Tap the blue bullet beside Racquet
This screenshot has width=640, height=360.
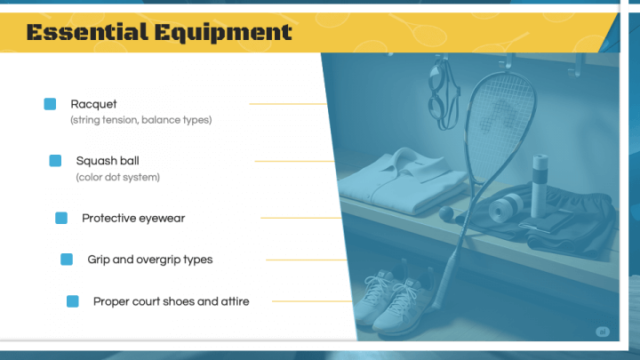50,104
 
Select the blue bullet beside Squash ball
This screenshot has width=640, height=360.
55,161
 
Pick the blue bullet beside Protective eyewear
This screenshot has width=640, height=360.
61,218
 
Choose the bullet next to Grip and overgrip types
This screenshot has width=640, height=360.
67,260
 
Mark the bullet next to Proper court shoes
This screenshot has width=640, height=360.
73,301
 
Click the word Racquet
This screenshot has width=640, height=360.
93,104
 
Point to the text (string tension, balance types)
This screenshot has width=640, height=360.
140,119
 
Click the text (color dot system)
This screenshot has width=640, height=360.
117,177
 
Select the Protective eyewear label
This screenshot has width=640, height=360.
133,218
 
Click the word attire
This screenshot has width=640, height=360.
233,301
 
